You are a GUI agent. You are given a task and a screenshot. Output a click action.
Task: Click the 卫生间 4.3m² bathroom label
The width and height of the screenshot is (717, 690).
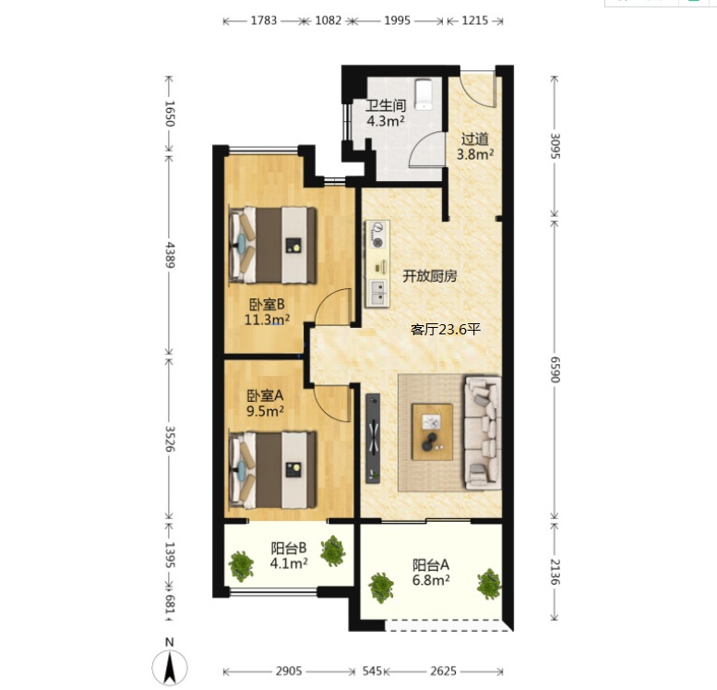386,113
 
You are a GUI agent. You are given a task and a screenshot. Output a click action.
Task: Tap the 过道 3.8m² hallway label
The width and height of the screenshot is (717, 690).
475,147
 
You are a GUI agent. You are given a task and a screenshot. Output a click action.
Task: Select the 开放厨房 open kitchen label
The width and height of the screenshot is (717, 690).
429,276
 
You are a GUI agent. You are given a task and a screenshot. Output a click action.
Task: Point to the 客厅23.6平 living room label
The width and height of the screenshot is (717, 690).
446,329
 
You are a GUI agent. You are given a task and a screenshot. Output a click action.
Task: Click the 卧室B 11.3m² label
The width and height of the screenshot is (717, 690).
267,312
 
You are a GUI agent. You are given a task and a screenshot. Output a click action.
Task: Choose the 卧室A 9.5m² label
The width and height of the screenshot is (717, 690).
265,403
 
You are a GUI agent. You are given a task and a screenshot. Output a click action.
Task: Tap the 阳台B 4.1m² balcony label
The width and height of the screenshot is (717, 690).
289,555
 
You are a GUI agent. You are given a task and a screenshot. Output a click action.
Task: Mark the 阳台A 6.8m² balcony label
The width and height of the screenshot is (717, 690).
431,573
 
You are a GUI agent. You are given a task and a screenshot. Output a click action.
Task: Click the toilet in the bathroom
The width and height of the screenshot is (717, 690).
424,94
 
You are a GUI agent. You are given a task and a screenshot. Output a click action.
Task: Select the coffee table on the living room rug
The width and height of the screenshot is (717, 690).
432,431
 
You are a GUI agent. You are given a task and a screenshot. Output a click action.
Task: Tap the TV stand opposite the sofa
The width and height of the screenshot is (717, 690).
373,438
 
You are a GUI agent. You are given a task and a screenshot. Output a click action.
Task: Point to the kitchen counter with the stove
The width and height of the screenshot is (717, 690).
377,264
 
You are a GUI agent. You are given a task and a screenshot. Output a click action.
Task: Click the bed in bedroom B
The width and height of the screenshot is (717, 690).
272,245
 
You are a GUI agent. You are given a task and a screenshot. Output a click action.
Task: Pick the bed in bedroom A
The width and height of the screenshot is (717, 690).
272,470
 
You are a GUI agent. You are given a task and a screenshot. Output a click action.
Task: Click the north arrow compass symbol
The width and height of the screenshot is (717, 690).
170,666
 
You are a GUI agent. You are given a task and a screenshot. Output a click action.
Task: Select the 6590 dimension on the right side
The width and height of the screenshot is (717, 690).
555,369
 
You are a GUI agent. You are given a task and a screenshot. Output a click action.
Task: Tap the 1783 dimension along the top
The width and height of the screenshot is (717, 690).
264,20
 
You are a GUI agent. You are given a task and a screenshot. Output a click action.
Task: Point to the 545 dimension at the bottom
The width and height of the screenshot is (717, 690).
372,672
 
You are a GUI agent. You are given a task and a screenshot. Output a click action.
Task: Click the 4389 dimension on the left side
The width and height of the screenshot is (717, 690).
170,255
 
